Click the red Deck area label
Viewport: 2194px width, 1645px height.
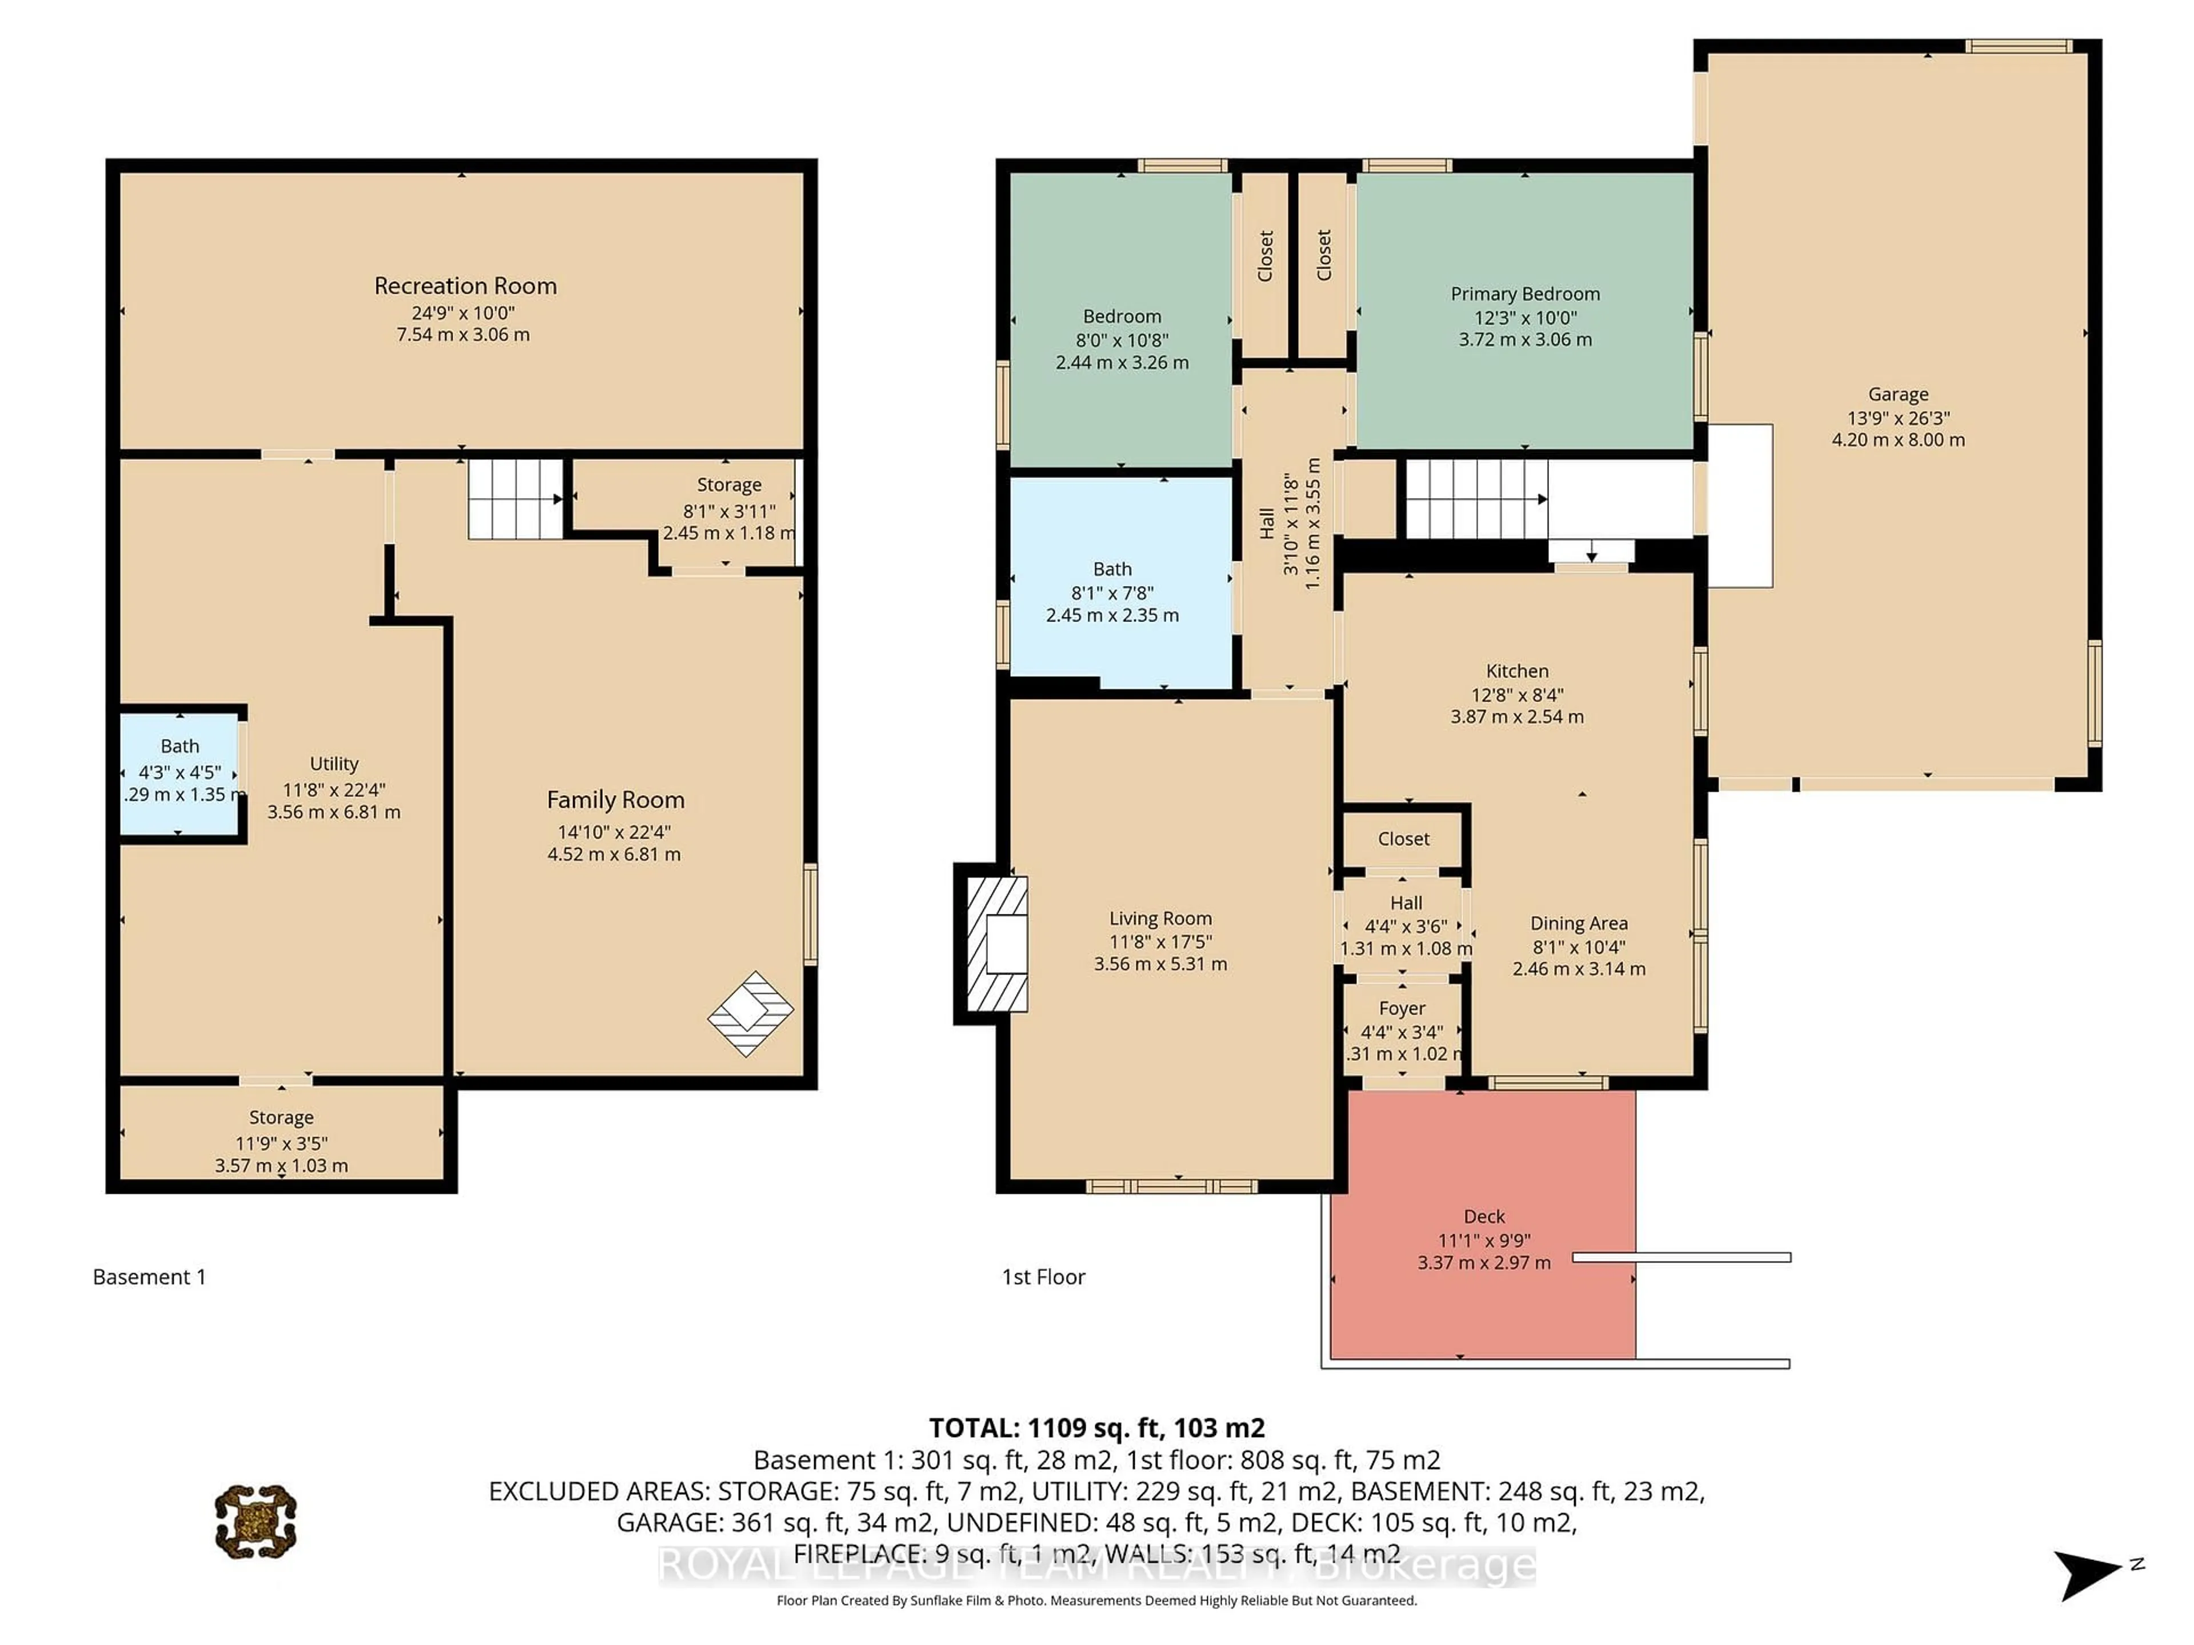coord(1484,1217)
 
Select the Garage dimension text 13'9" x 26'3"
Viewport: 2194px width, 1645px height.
coord(1897,418)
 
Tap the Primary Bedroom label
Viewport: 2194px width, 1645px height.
coord(1524,294)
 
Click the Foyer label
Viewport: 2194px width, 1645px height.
coord(1402,1008)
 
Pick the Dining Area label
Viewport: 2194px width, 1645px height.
coord(1578,923)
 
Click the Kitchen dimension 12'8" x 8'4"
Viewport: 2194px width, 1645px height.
coord(1516,694)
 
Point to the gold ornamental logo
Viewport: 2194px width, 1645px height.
coord(256,1521)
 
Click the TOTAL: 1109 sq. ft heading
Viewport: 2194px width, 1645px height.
coord(1096,1428)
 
